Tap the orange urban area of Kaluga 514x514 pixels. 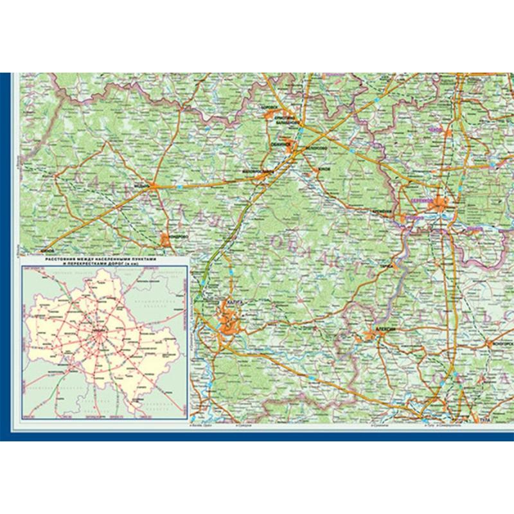point(229,321)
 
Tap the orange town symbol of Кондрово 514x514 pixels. point(166,240)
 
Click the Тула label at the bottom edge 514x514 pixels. point(484,420)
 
